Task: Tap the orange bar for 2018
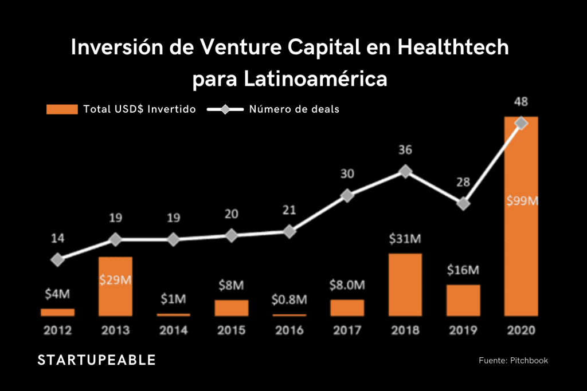pyautogui.click(x=405, y=285)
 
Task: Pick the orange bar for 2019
pyautogui.click(x=463, y=300)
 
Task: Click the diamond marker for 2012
pyautogui.click(x=57, y=260)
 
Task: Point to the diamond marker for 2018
pyautogui.click(x=405, y=171)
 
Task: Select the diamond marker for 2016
pyautogui.click(x=289, y=232)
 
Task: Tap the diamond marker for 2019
pyautogui.click(x=464, y=203)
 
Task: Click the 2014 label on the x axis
pyautogui.click(x=173, y=330)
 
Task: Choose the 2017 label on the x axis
pyautogui.click(x=347, y=330)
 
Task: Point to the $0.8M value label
pyautogui.click(x=289, y=299)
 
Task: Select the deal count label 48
pyautogui.click(x=521, y=102)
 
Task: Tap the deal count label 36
pyautogui.click(x=405, y=150)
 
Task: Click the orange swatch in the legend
pyautogui.click(x=62, y=109)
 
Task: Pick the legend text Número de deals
pyautogui.click(x=294, y=109)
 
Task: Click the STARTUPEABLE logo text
pyautogui.click(x=96, y=360)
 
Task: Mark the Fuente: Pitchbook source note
pyautogui.click(x=514, y=360)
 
